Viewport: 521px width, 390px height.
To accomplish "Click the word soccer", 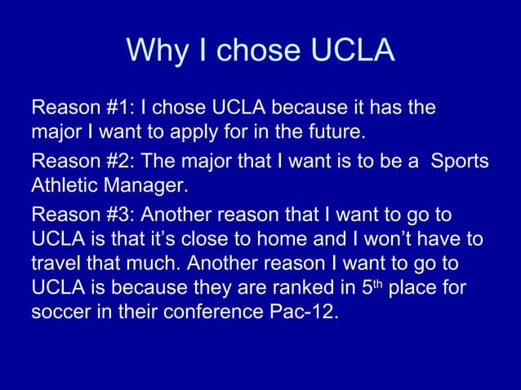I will pos(59,313).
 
